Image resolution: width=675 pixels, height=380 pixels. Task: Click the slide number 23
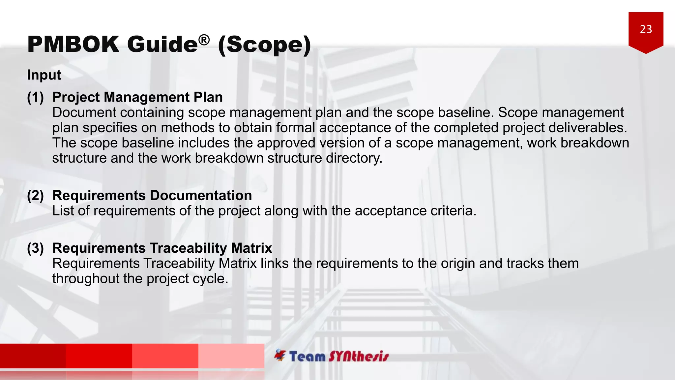click(x=646, y=29)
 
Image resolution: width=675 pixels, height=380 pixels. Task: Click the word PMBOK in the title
click(x=73, y=44)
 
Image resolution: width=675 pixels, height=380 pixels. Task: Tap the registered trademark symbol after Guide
click(x=204, y=40)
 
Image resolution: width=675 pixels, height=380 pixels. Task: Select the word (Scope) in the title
click(x=264, y=45)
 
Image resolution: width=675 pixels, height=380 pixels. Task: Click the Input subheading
click(x=44, y=75)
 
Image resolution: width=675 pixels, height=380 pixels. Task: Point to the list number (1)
click(x=35, y=97)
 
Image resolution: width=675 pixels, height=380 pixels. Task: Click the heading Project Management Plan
click(x=137, y=97)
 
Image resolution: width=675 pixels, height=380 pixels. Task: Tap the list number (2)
click(x=35, y=196)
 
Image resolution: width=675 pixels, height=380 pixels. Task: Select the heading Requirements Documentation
click(x=152, y=196)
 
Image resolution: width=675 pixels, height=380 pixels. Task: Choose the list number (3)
click(x=35, y=248)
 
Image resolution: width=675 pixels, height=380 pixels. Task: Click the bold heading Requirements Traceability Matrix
click(x=162, y=248)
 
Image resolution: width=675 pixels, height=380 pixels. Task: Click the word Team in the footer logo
click(x=307, y=357)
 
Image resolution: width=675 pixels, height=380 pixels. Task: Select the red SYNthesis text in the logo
click(x=359, y=357)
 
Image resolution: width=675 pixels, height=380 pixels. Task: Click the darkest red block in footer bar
click(x=33, y=356)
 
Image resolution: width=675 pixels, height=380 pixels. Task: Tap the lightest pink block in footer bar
click(x=231, y=356)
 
